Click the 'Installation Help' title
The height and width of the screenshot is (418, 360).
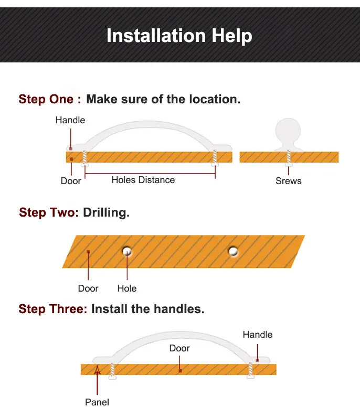[x=179, y=36]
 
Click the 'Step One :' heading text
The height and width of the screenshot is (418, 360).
[x=50, y=99]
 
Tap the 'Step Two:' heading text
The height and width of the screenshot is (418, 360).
[x=49, y=213]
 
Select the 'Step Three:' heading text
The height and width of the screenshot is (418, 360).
[x=53, y=309]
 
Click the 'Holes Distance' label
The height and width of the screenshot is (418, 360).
[x=143, y=180]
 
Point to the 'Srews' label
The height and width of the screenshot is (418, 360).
[x=289, y=181]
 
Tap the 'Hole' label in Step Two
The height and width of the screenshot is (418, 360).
[x=127, y=288]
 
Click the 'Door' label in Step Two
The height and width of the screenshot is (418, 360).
[x=88, y=288]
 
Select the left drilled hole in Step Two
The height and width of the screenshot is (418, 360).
[x=127, y=251]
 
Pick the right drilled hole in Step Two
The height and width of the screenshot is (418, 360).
[x=233, y=251]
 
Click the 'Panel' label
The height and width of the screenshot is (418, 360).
[x=97, y=402]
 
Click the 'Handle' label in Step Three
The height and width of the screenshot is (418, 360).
[x=258, y=335]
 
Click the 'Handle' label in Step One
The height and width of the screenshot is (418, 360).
[x=70, y=120]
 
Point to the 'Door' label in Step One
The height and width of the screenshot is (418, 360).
[x=71, y=181]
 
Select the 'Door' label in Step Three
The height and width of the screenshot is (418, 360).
[x=179, y=348]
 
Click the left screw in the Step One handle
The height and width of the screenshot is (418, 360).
[x=85, y=158]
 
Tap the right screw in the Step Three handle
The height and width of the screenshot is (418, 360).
[x=250, y=371]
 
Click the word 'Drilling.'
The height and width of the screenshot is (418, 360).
[x=106, y=213]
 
